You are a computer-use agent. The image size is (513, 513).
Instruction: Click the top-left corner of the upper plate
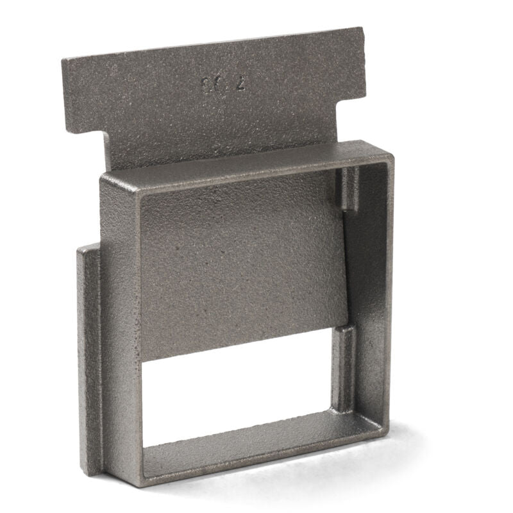point(64,60)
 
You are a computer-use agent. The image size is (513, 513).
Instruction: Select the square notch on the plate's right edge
point(351,103)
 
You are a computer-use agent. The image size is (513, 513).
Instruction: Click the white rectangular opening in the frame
point(237,391)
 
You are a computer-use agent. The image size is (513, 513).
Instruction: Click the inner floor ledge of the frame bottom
point(256,449)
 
